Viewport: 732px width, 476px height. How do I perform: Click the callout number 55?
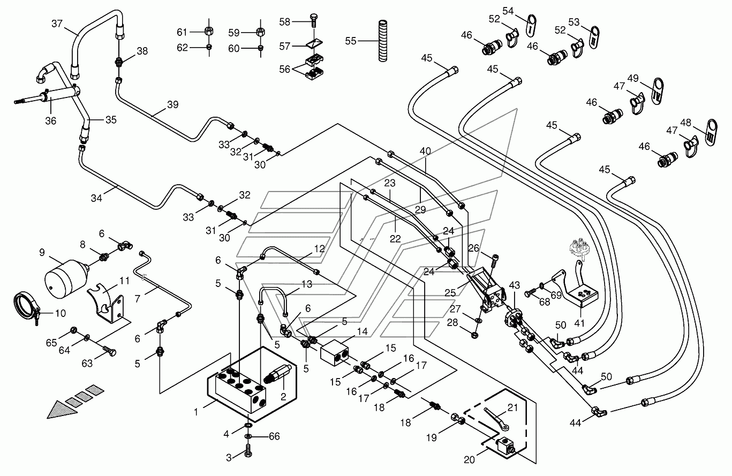pyautogui.click(x=351, y=40)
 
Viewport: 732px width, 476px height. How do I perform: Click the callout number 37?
pyautogui.click(x=57, y=24)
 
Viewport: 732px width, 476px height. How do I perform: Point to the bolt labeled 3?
pyautogui.click(x=248, y=453)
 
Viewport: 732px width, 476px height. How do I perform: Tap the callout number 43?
pyautogui.click(x=515, y=286)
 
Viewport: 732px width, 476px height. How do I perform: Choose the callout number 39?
pyautogui.click(x=172, y=105)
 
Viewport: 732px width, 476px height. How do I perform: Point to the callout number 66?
pyautogui.click(x=274, y=436)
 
